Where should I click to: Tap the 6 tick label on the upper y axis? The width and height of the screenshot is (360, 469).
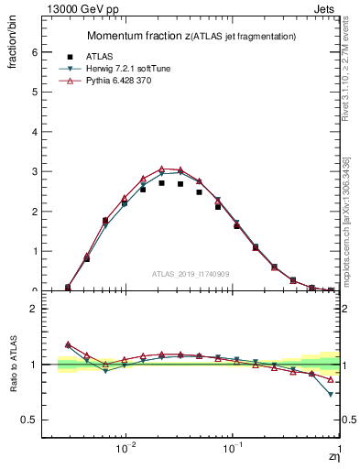35,52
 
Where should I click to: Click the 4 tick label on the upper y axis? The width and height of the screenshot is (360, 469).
35,132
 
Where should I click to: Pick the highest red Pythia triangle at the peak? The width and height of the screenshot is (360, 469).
161,169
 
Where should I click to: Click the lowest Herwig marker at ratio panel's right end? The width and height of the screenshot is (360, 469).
331,394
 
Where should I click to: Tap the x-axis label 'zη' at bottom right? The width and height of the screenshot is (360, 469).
333,457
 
